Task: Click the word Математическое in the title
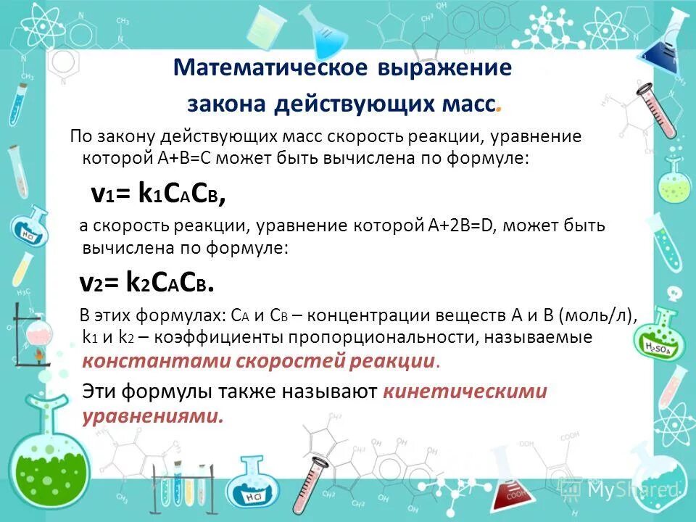click(x=272, y=68)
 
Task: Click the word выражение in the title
click(x=444, y=68)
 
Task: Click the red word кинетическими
click(x=465, y=391)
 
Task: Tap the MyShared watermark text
click(x=631, y=491)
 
